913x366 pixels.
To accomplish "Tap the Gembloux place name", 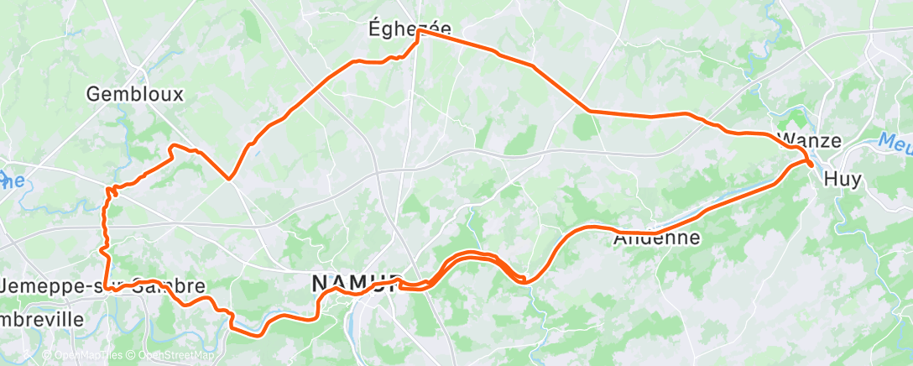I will click(134, 95).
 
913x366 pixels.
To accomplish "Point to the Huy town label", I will click(843, 179).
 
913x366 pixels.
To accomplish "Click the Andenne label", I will click(656, 239).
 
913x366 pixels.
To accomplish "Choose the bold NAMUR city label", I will click(356, 284).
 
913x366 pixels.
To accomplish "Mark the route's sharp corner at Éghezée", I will click(419, 32).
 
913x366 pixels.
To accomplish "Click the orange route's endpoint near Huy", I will click(811, 165).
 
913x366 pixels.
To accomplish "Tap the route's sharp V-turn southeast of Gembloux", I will click(228, 179).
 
